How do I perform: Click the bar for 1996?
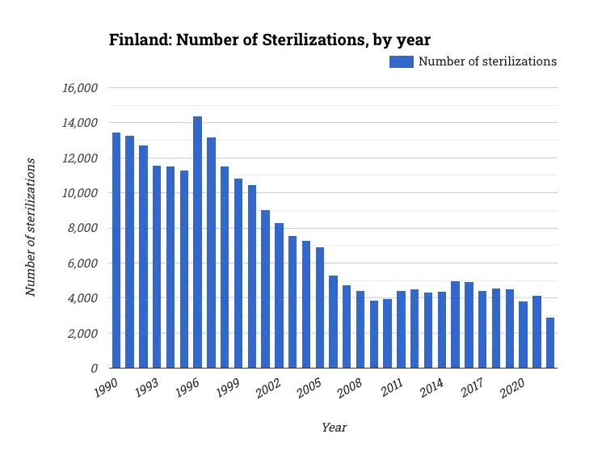point(198,242)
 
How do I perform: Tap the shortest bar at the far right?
point(550,343)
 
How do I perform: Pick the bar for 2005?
point(320,308)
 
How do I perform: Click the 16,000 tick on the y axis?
point(81,88)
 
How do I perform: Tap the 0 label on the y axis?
point(95,369)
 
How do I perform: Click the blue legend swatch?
point(402,61)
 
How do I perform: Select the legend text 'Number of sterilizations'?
point(487,61)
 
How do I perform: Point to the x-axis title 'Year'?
point(334,428)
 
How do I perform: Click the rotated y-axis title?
point(32,227)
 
